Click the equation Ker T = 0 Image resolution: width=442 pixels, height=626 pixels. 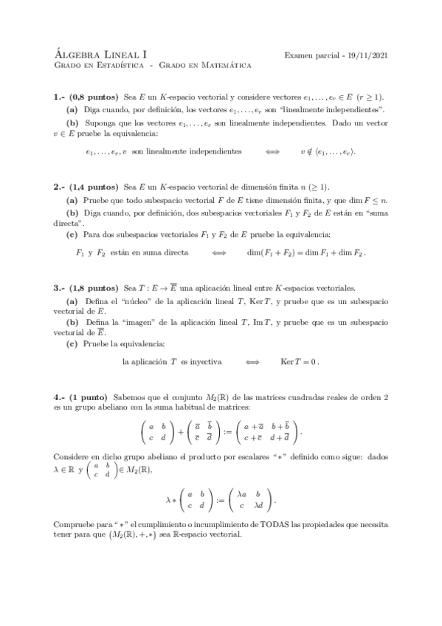(x=300, y=362)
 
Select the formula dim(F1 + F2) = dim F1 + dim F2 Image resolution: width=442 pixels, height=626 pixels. (x=305, y=252)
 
